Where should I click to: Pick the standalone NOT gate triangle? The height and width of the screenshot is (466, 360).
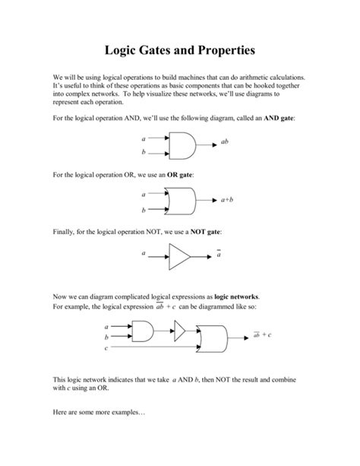(179, 256)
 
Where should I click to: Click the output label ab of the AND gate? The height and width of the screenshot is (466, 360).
(225, 142)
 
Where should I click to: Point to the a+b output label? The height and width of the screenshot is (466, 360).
(227, 200)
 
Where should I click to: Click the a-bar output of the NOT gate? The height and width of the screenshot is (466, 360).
(219, 255)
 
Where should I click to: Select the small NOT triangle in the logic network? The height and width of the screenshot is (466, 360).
(180, 329)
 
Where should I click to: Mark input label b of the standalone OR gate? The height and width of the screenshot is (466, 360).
(144, 210)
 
